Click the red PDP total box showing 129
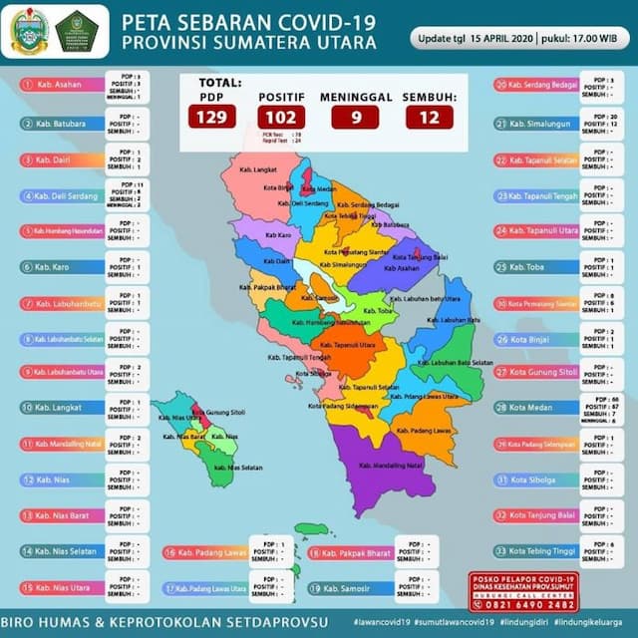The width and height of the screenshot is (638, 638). [212, 117]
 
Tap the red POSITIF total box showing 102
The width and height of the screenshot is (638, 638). [281, 117]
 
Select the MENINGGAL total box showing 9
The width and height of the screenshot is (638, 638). [355, 117]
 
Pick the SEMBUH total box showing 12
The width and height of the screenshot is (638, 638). [430, 117]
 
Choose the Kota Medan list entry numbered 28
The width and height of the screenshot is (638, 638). [539, 408]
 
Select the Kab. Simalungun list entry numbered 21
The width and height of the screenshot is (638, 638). [539, 124]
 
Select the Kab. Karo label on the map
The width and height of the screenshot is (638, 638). [277, 235]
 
